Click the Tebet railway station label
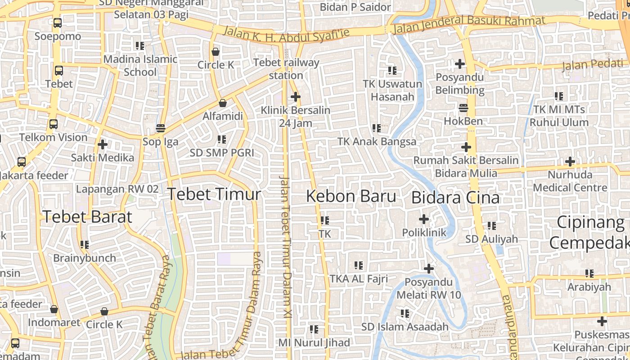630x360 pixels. click(x=286, y=69)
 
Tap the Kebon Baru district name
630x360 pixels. click(x=351, y=196)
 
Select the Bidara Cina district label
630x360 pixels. click(x=455, y=198)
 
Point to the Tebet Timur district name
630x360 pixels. click(x=214, y=194)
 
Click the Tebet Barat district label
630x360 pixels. click(x=87, y=217)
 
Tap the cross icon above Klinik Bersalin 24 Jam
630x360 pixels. click(x=296, y=97)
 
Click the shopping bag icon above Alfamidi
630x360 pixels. click(x=222, y=103)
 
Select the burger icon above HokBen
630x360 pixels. click(x=463, y=108)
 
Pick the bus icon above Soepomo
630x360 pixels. click(x=58, y=23)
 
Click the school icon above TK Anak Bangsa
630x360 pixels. click(x=377, y=128)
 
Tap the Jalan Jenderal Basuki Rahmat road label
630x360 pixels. click(x=469, y=24)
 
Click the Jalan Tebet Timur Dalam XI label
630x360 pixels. click(x=285, y=247)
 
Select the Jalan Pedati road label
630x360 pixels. click(x=592, y=65)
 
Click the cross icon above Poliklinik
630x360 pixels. click(x=424, y=220)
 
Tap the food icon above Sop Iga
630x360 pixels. click(x=161, y=128)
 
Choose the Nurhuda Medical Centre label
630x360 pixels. click(x=570, y=181)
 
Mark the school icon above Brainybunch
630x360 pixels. click(x=85, y=245)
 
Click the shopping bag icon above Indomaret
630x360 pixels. click(x=54, y=310)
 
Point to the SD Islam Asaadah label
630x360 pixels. click(x=405, y=327)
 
